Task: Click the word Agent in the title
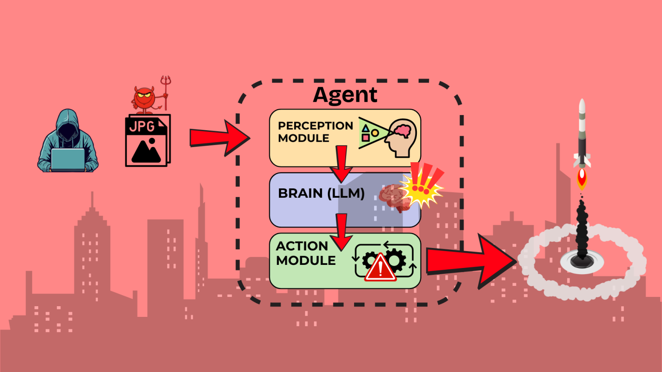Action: [x=345, y=95]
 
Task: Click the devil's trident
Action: [x=165, y=91]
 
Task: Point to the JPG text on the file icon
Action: [x=141, y=127]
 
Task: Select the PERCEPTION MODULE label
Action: [x=315, y=132]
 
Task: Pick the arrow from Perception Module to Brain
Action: [x=341, y=164]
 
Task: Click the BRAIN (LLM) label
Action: [x=321, y=193]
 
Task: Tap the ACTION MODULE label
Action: [x=305, y=253]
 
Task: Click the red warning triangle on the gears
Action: [x=380, y=268]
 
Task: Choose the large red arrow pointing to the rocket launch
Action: [x=472, y=261]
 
